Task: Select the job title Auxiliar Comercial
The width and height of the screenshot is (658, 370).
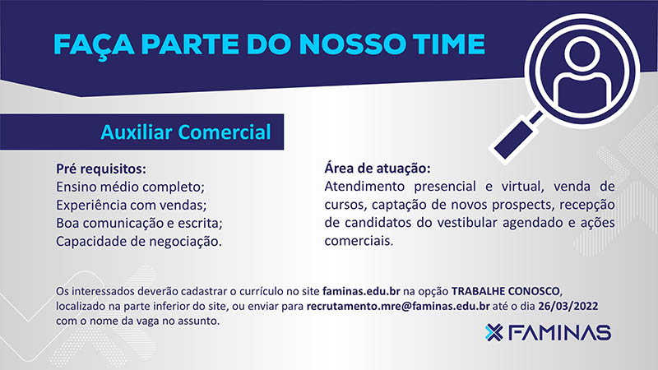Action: click(x=186, y=132)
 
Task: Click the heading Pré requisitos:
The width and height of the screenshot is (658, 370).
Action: click(x=101, y=169)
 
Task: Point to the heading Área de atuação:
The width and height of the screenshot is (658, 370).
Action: click(x=378, y=169)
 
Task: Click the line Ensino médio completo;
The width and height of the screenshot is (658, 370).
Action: click(x=130, y=187)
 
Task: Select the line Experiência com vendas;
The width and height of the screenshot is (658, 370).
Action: click(x=132, y=205)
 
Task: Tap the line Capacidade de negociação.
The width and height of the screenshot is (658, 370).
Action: click(x=139, y=242)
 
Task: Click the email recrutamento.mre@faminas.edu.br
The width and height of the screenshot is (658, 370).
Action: click(x=398, y=306)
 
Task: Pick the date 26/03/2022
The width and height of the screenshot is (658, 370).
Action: click(x=568, y=306)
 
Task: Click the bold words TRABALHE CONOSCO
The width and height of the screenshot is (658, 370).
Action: click(x=506, y=291)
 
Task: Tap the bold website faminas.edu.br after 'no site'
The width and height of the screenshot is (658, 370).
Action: click(x=361, y=291)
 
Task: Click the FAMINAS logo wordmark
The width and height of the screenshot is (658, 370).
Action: click(x=559, y=333)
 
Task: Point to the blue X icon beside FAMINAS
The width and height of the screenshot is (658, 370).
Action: click(x=494, y=333)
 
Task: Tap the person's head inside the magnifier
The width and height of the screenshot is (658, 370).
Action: click(x=582, y=54)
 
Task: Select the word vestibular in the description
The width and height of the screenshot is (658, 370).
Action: click(x=467, y=223)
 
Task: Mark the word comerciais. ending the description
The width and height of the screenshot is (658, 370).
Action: click(x=359, y=241)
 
